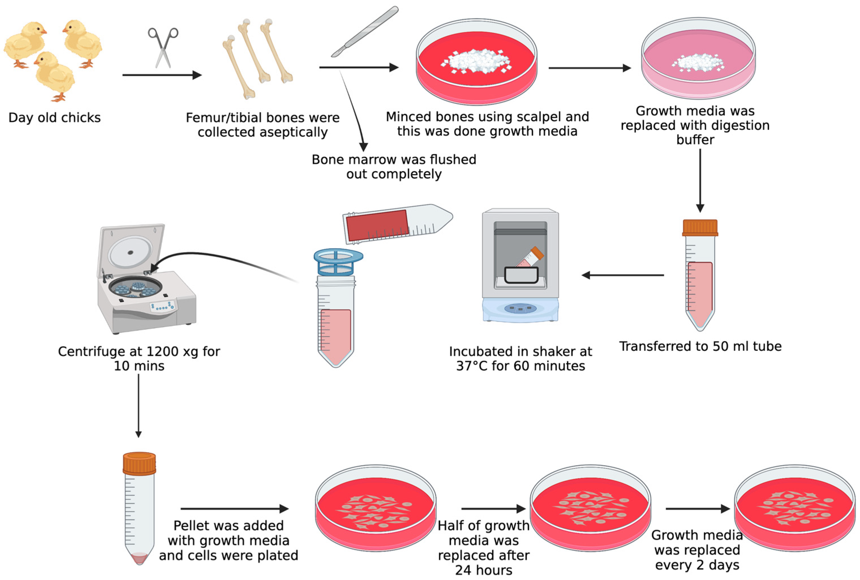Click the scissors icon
[163, 47]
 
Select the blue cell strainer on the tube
[338, 261]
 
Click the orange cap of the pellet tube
[139, 463]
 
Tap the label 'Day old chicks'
[54, 118]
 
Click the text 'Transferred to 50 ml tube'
[700, 346]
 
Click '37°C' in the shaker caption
[473, 366]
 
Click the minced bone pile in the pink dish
[698, 62]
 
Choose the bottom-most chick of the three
[55, 76]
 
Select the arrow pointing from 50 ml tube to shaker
[623, 275]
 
